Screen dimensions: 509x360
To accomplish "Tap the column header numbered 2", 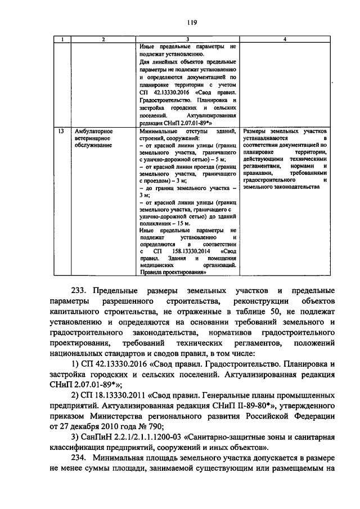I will pos(103,39).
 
